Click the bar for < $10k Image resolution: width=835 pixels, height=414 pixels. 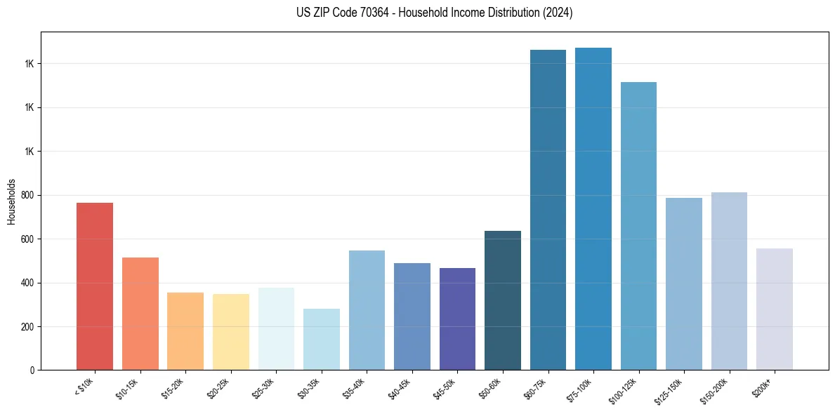(x=95, y=286)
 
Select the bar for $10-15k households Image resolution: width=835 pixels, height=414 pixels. (x=140, y=314)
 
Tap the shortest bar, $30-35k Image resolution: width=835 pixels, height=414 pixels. (x=321, y=339)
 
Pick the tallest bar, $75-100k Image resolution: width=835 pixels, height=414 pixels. (x=593, y=208)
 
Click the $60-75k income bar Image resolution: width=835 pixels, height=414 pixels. (x=548, y=210)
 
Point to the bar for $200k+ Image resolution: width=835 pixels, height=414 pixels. (x=774, y=309)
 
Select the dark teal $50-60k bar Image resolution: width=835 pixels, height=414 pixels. (x=502, y=300)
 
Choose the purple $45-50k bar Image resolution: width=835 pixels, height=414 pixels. (x=457, y=319)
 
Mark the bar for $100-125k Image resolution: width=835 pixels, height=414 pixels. (x=638, y=226)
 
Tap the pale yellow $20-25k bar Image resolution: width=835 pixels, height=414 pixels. (x=230, y=332)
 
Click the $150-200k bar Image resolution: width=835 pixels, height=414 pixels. (x=729, y=281)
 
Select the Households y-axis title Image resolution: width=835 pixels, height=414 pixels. (x=11, y=201)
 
